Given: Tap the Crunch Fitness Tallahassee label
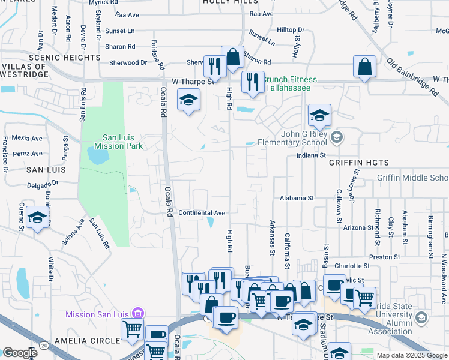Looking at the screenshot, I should (287, 83).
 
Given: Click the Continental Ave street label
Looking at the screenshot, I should (202, 213).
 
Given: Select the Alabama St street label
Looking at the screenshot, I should (297, 198).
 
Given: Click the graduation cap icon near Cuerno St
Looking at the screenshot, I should (38, 219).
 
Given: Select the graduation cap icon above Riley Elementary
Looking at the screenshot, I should (319, 116).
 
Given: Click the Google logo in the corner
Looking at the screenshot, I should (20, 353).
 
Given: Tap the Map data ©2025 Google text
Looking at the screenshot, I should (412, 355).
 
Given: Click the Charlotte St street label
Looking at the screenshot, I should (351, 266).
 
